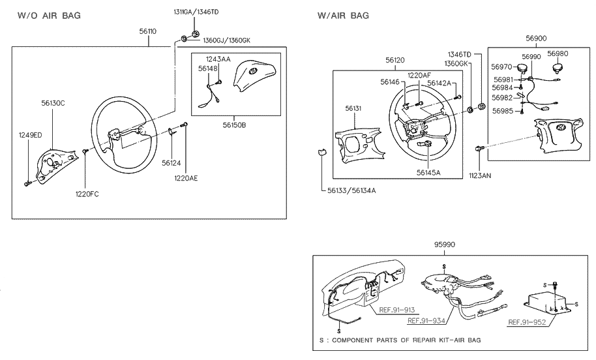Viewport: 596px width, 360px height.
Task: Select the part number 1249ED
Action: click(29, 135)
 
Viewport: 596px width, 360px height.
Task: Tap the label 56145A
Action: click(429, 172)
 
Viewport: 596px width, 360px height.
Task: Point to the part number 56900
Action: click(536, 38)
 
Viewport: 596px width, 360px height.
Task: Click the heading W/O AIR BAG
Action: click(49, 16)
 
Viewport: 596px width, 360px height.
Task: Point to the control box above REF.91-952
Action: click(548, 302)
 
